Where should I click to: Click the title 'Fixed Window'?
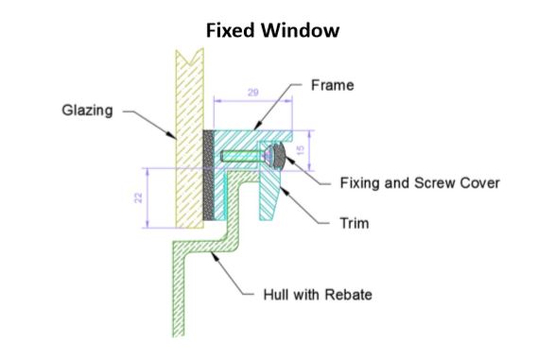273,30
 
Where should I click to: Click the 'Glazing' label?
84,111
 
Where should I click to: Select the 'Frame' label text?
332,86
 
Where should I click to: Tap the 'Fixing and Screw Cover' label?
419,183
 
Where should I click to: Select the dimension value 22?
137,197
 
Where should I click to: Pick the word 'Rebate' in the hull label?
348,295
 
